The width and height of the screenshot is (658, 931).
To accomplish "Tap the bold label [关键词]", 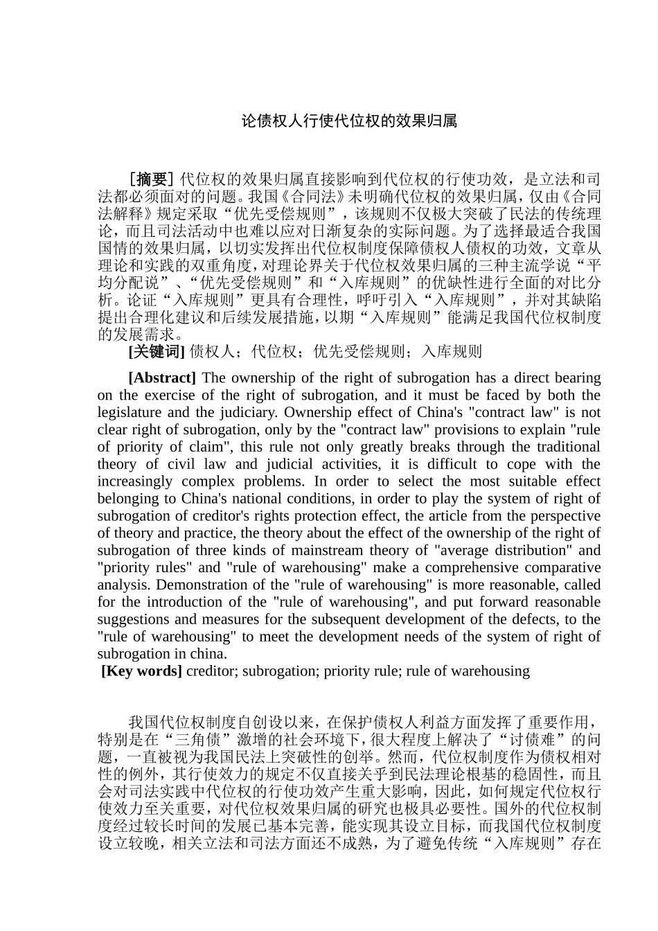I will [x=157, y=352].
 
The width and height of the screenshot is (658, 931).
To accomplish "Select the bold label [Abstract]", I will [x=162, y=378].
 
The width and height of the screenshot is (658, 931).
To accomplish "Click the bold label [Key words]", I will [x=142, y=671].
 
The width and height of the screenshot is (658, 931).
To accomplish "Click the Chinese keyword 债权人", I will [x=212, y=352].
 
